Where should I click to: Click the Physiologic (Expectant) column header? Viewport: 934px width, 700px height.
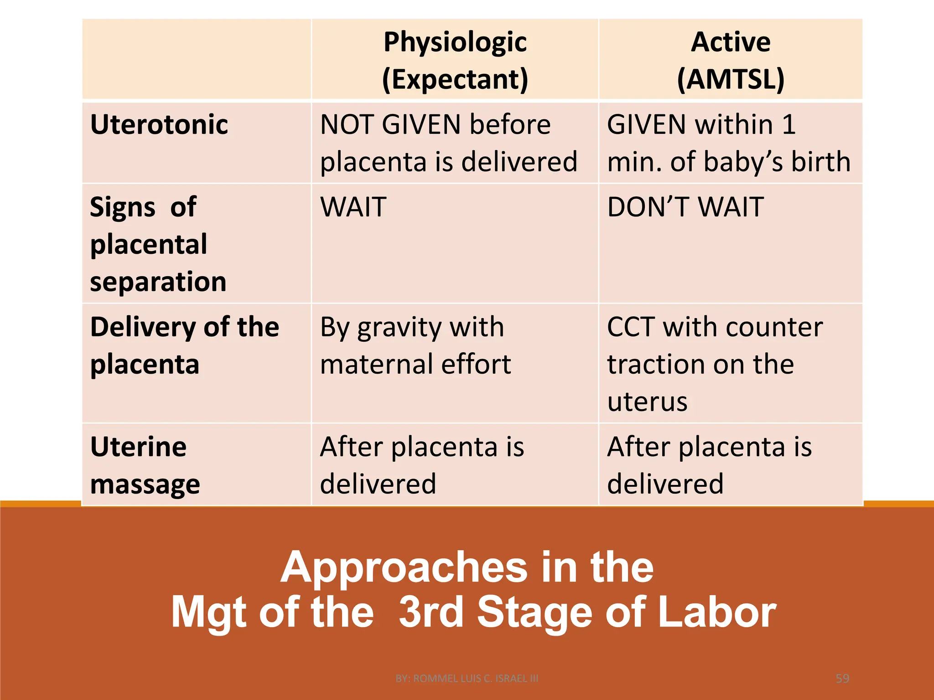pyautogui.click(x=455, y=60)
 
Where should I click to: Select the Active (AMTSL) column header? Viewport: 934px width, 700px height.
pyautogui.click(x=731, y=60)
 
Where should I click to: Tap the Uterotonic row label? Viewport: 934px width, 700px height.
pyautogui.click(x=159, y=124)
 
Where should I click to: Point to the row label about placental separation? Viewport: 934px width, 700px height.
pyautogui.click(x=158, y=244)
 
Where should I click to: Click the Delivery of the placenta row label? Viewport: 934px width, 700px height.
pyautogui.click(x=184, y=345)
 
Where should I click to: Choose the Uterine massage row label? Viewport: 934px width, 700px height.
pyautogui.click(x=145, y=465)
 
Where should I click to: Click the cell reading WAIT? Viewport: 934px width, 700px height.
pyautogui.click(x=353, y=207)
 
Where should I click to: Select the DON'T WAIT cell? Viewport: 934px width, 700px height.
pyautogui.click(x=685, y=207)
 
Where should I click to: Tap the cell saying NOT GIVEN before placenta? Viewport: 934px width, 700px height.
pyautogui.click(x=448, y=143)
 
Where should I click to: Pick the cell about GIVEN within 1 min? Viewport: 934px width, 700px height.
pyautogui.click(x=728, y=143)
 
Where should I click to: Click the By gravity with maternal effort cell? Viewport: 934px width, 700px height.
pyautogui.click(x=415, y=345)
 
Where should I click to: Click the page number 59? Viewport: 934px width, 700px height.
pyautogui.click(x=842, y=679)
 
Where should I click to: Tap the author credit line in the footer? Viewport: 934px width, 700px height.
pyautogui.click(x=467, y=679)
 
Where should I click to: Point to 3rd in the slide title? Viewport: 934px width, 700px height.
pyautogui.click(x=431, y=612)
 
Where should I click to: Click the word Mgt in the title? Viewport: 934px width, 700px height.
pyautogui.click(x=210, y=613)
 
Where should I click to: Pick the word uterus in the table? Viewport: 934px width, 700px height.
pyautogui.click(x=647, y=402)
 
